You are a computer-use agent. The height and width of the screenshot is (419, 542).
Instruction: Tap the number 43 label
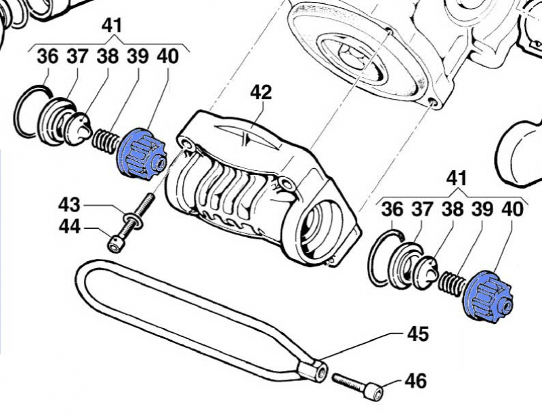pos(69,204)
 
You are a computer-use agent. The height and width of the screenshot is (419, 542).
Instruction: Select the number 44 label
pos(69,228)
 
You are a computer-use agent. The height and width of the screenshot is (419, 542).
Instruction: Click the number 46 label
pos(416,381)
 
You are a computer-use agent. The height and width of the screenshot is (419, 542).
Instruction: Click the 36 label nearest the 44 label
pos(48,56)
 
